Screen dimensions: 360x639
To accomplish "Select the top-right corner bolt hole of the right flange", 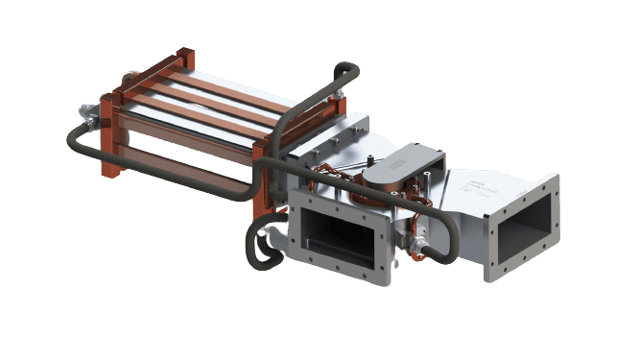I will coord(555,180).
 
